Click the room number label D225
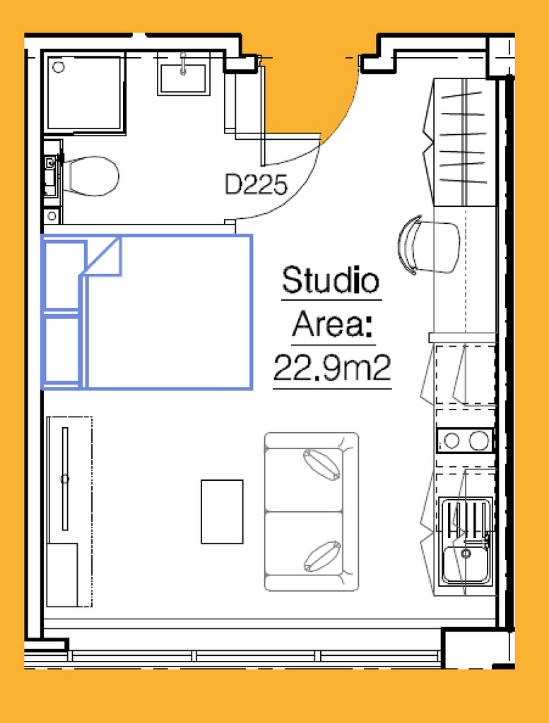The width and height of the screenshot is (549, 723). pyautogui.click(x=256, y=184)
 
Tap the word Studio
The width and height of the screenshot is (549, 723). pyautogui.click(x=331, y=280)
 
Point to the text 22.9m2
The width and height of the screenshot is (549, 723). pyautogui.click(x=332, y=367)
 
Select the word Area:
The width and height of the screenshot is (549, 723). pyautogui.click(x=333, y=323)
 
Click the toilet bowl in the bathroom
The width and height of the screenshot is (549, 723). pyautogui.click(x=90, y=176)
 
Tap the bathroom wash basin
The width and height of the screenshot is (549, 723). pyautogui.click(x=183, y=78)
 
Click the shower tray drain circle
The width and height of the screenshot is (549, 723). pyautogui.click(x=59, y=67)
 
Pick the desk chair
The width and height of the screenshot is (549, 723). pyautogui.click(x=428, y=246)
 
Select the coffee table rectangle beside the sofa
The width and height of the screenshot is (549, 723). pyautogui.click(x=222, y=512)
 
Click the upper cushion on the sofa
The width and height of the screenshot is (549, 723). pyautogui.click(x=321, y=465)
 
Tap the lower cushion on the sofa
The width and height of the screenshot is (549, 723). pyautogui.click(x=322, y=556)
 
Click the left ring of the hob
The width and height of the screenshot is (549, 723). pyautogui.click(x=452, y=441)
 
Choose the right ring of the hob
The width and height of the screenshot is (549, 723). pyautogui.click(x=479, y=441)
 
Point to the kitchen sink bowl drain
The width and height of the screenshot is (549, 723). pyautogui.click(x=466, y=553)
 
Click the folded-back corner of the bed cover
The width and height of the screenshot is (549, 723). pyautogui.click(x=102, y=256)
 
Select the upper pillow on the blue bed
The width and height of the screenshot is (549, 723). pyautogui.click(x=63, y=274)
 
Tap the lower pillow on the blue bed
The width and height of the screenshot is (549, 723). pyautogui.click(x=61, y=350)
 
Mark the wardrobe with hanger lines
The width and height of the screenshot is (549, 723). pyautogui.click(x=464, y=142)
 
